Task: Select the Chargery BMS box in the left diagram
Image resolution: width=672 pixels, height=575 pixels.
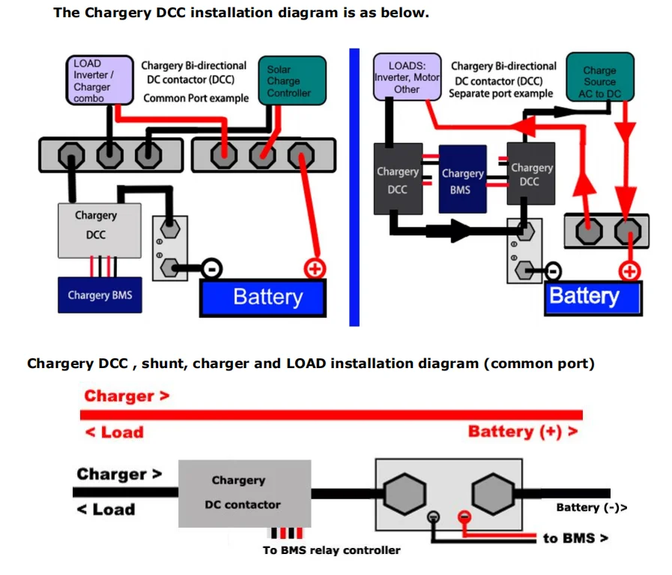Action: tap(100, 295)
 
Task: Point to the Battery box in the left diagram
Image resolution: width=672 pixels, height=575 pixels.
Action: tap(263, 298)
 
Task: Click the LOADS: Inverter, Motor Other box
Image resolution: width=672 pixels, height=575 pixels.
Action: tap(407, 77)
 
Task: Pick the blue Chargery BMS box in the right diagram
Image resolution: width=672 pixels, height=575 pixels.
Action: tap(461, 181)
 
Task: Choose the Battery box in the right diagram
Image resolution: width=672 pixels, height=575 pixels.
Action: tap(593, 297)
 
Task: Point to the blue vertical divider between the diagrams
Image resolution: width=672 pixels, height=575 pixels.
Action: tap(354, 187)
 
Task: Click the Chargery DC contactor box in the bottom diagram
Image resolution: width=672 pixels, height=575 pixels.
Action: tap(244, 493)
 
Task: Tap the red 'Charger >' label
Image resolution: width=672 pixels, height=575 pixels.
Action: tap(127, 396)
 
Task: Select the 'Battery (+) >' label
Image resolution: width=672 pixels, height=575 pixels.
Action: tap(522, 431)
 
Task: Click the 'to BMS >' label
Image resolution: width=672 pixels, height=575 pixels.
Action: tap(575, 538)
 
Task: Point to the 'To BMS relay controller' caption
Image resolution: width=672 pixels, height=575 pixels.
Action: tap(331, 550)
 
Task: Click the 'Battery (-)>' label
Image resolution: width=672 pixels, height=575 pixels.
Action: tap(591, 508)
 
